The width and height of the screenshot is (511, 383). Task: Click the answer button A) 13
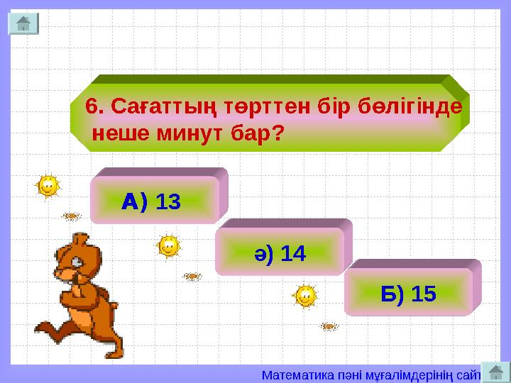pos(153,203)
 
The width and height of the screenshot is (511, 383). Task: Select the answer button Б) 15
pos(409,293)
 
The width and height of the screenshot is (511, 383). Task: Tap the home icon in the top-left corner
pos(23,23)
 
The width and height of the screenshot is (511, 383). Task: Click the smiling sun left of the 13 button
pos(47,187)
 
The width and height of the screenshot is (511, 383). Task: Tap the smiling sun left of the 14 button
pos(168,247)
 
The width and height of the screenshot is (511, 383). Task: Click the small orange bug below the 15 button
pos(328,326)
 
